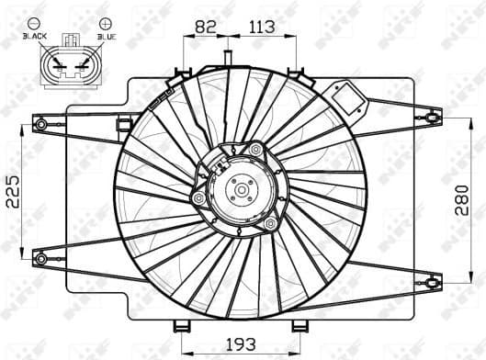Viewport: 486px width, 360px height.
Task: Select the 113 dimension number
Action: point(263,27)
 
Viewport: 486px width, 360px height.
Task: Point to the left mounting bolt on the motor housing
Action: point(199,198)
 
